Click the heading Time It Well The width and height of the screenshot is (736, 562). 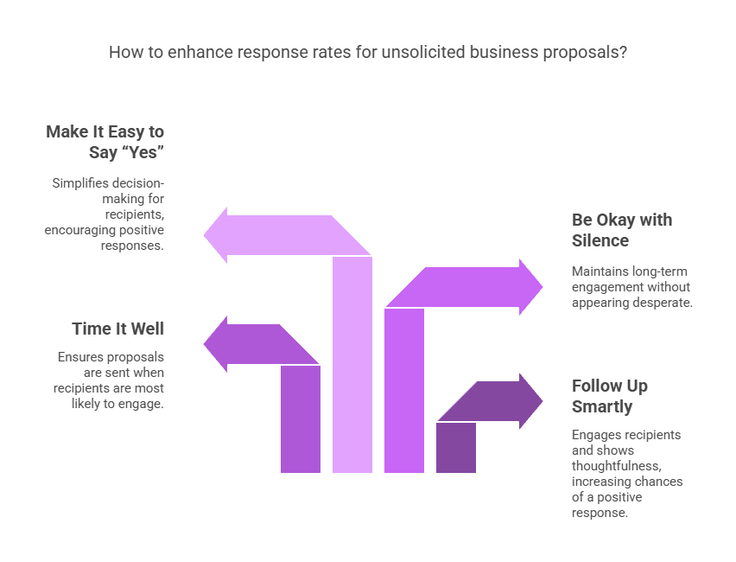point(117,329)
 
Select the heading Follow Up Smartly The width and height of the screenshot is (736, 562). point(610,396)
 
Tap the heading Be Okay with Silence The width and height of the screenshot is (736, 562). point(622,230)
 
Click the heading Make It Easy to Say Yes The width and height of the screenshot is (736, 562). point(105,142)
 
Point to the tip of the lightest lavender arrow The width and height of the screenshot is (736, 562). point(204,235)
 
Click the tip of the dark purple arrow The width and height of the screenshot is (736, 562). point(542,401)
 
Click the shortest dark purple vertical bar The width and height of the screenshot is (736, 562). point(456,447)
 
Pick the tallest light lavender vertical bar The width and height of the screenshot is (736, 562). point(352,364)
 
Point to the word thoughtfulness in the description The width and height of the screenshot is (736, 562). point(617,466)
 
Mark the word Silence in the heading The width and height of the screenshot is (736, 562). point(600,240)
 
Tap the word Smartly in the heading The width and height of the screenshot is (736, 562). point(602,407)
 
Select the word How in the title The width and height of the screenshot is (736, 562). point(120,52)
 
